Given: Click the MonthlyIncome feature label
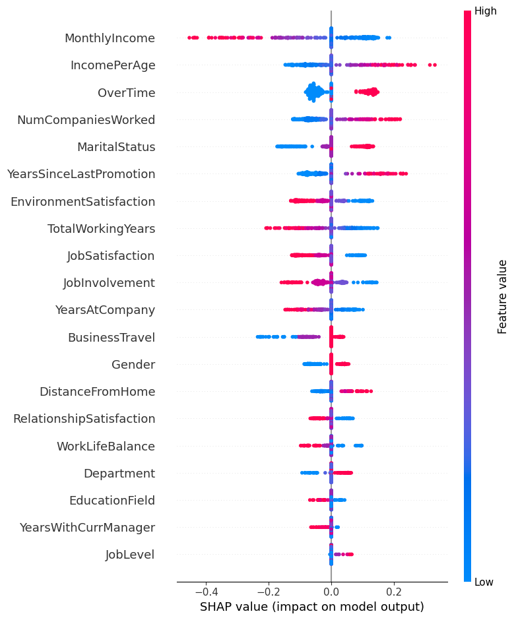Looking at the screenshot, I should tap(110, 38).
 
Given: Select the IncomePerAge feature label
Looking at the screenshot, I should tap(113, 65).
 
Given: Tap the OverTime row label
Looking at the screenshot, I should tap(127, 93).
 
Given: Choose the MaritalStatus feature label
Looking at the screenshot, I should tap(116, 147).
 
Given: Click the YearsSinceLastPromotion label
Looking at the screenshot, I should tap(81, 174).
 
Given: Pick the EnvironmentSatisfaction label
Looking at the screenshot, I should tap(82, 202).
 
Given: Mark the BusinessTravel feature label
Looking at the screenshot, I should tap(112, 338).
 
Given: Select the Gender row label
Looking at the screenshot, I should tap(133, 365).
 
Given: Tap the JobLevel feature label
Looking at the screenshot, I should tap(130, 555).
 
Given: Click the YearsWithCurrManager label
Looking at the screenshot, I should tap(87, 528).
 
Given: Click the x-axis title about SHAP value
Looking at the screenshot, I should tap(311, 607).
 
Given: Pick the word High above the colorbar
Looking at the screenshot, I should tap(486, 11).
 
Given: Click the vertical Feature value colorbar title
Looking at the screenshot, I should tap(503, 296).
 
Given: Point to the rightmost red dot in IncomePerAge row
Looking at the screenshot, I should tap(435, 65).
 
